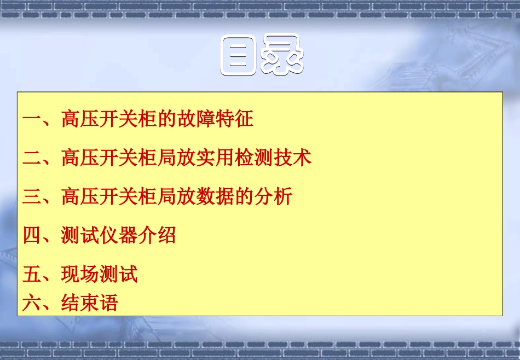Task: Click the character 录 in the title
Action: point(281,56)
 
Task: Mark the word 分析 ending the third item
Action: point(273,196)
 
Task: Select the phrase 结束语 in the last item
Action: point(90,303)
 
